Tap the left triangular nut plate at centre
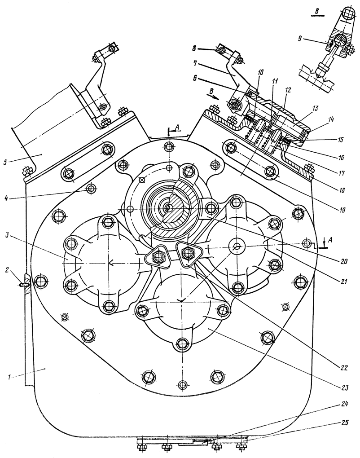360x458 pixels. click(157, 257)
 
